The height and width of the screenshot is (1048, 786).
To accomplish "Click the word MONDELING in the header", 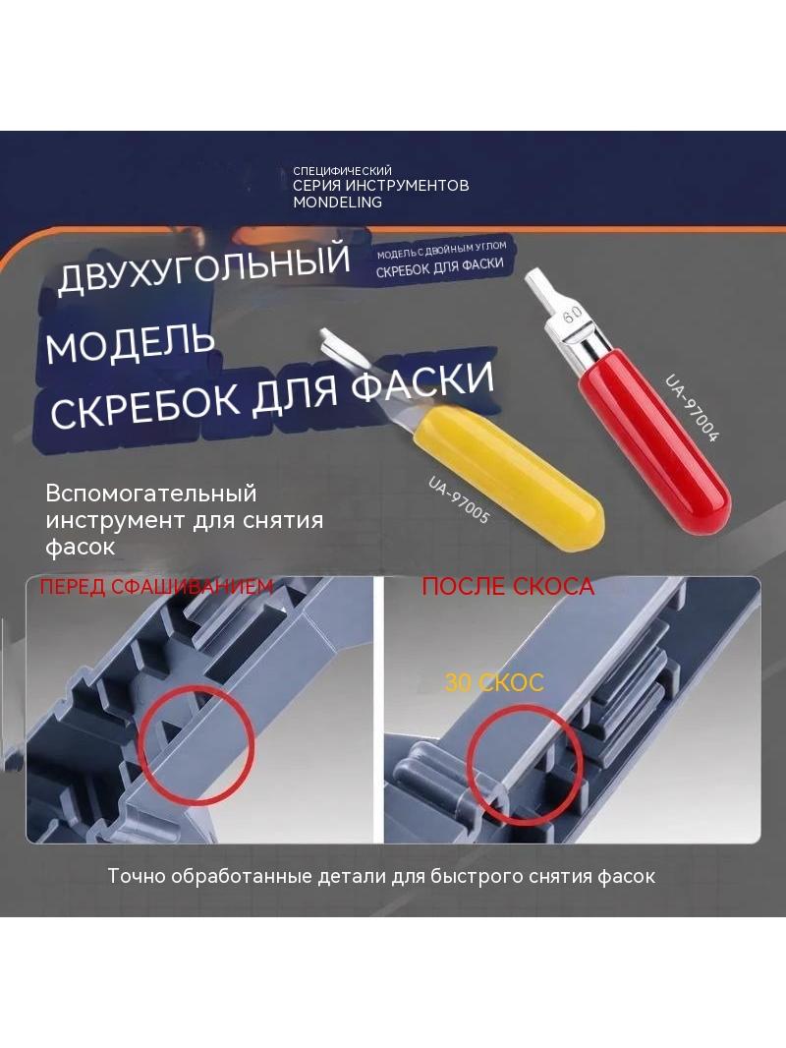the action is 337,202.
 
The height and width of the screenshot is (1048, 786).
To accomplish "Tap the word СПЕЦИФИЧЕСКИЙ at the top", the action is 342,171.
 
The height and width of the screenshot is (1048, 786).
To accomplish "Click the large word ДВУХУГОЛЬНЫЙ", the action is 203,268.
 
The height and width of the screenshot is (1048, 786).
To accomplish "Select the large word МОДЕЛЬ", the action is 131,343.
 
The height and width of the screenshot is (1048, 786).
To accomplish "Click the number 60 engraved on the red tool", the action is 572,316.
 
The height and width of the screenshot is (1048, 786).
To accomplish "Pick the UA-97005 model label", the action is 459,499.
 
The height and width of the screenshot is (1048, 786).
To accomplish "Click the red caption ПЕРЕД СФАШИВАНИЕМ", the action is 156,586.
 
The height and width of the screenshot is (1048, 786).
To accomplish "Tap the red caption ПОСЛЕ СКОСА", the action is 508,586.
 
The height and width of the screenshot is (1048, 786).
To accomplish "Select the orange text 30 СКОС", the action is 494,682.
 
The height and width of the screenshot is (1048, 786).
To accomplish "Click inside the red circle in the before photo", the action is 196,743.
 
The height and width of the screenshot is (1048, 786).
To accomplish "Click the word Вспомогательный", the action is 151,494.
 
